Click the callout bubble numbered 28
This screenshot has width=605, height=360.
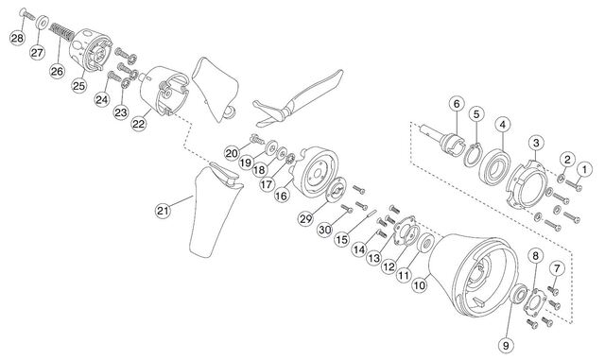click(17, 38)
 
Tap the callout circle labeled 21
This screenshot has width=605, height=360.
click(163, 211)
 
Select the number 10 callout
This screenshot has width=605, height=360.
click(420, 285)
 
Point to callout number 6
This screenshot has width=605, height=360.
click(457, 104)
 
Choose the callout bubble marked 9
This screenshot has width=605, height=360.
click(506, 345)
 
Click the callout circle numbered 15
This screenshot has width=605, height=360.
click(341, 240)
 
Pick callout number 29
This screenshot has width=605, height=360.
click(305, 219)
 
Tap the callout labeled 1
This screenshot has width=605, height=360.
click(584, 168)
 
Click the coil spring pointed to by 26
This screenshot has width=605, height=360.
click(62, 31)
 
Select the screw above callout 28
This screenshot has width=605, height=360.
click(26, 14)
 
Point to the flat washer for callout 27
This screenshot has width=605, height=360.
click(42, 22)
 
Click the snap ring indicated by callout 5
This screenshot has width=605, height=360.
click(473, 155)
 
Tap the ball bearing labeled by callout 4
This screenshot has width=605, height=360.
click(494, 166)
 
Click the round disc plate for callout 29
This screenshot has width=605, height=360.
click(336, 190)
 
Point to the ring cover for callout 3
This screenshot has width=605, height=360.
click(527, 185)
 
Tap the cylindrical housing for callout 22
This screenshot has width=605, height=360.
click(164, 91)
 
